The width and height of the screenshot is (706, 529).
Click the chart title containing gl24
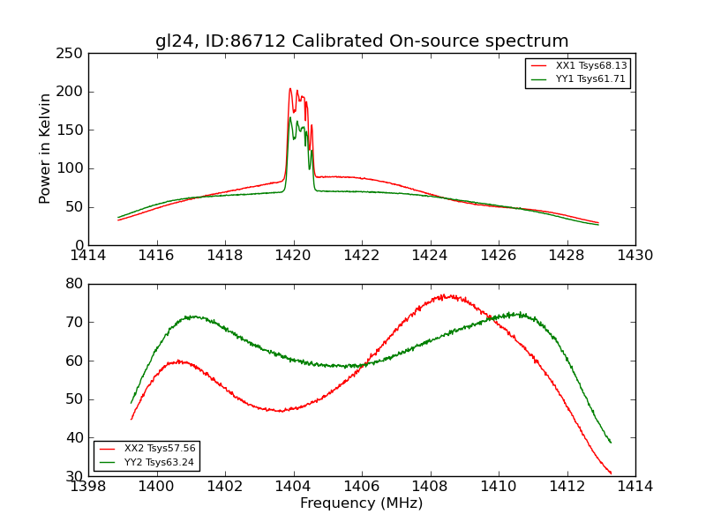[362, 41]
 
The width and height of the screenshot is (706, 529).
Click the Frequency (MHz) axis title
[361, 503]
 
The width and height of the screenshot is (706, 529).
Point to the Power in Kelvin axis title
[46, 149]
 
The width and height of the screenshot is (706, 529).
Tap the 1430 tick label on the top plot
[635, 256]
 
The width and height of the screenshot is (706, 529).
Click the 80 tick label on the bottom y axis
[74, 284]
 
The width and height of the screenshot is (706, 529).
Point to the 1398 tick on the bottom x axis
[88, 487]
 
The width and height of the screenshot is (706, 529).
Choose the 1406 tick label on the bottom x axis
[361, 487]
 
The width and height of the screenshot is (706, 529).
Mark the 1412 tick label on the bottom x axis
[567, 487]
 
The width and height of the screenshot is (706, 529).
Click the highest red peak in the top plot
[289, 88]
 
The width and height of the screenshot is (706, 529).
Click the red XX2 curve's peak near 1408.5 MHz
[447, 295]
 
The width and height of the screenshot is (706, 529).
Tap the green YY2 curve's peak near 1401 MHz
[191, 316]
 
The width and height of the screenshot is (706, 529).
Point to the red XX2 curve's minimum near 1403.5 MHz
[281, 411]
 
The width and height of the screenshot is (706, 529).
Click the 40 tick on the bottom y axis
[74, 438]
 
